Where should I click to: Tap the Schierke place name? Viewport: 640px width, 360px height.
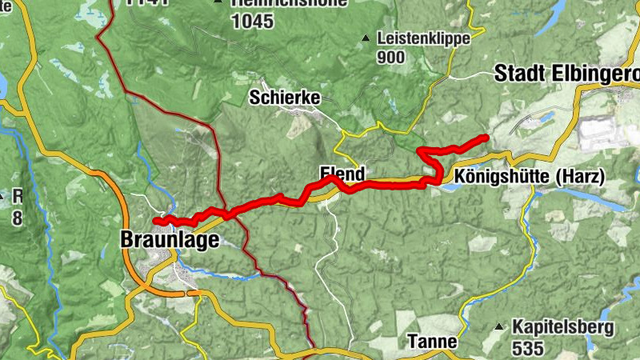[x=285, y=98]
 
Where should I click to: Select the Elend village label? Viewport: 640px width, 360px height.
[x=342, y=173]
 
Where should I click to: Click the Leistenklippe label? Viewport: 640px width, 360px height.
[x=423, y=38]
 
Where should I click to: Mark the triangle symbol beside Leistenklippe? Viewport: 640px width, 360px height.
[x=366, y=38]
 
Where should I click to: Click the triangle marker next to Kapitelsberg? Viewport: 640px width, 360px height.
[x=499, y=326]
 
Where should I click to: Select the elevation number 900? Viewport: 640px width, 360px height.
[x=391, y=57]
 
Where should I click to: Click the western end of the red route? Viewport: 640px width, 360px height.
[x=156, y=220]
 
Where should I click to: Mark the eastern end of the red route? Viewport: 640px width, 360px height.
[x=486, y=138]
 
